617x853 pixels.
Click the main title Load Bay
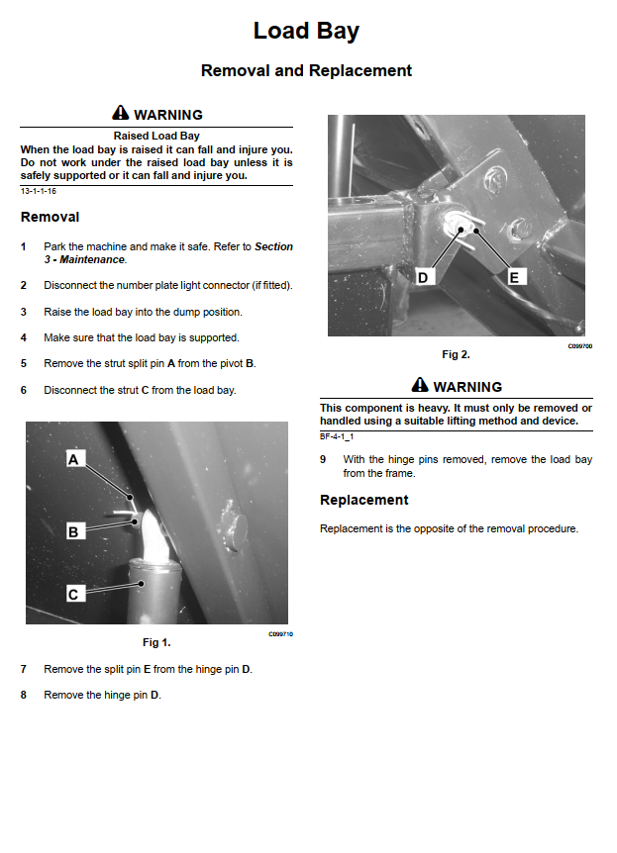[x=306, y=31]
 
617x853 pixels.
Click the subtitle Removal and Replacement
[x=306, y=70]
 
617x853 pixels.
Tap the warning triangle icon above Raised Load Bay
[x=121, y=114]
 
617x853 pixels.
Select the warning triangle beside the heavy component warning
[x=420, y=386]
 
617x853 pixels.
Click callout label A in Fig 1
[x=73, y=459]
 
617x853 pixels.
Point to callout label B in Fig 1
[x=73, y=531]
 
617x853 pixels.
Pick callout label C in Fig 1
[x=73, y=594]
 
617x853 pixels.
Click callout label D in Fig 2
[x=423, y=278]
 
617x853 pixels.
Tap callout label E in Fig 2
[x=514, y=278]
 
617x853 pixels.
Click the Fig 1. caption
[x=156, y=642]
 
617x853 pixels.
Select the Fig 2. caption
[x=456, y=353]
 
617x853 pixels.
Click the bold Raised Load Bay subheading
[x=156, y=135]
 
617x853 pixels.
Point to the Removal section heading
[x=50, y=217]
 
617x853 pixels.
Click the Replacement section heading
[x=363, y=500]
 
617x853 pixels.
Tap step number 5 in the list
[x=24, y=363]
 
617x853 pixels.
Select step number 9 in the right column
[x=323, y=459]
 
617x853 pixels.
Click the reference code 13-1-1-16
[x=39, y=190]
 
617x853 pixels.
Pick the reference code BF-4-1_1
[x=337, y=435]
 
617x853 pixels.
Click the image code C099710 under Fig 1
[x=279, y=633]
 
